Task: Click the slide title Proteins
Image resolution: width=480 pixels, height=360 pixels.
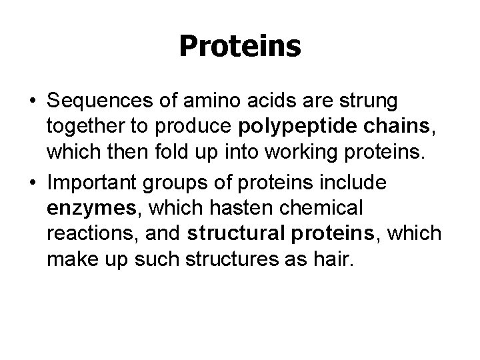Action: tap(240, 46)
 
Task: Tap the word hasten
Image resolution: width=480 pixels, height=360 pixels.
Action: tap(220, 208)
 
